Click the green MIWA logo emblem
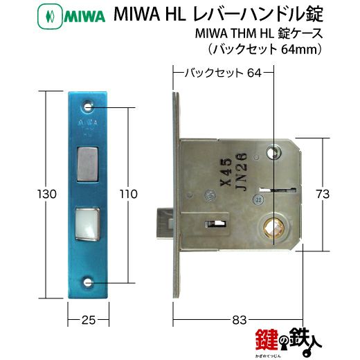pyautogui.click(x=50, y=17)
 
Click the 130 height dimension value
pyautogui.click(x=47, y=194)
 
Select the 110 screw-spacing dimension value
pyautogui.click(x=129, y=194)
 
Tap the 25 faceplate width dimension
pyautogui.click(x=89, y=320)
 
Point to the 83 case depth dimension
pyautogui.click(x=240, y=320)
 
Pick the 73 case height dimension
pyautogui.click(x=323, y=194)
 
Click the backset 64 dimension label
pyautogui.click(x=223, y=73)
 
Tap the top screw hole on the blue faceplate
pyautogui.click(x=87, y=107)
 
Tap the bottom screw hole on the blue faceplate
pyautogui.click(x=87, y=282)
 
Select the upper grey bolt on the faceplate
pyautogui.click(x=87, y=164)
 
